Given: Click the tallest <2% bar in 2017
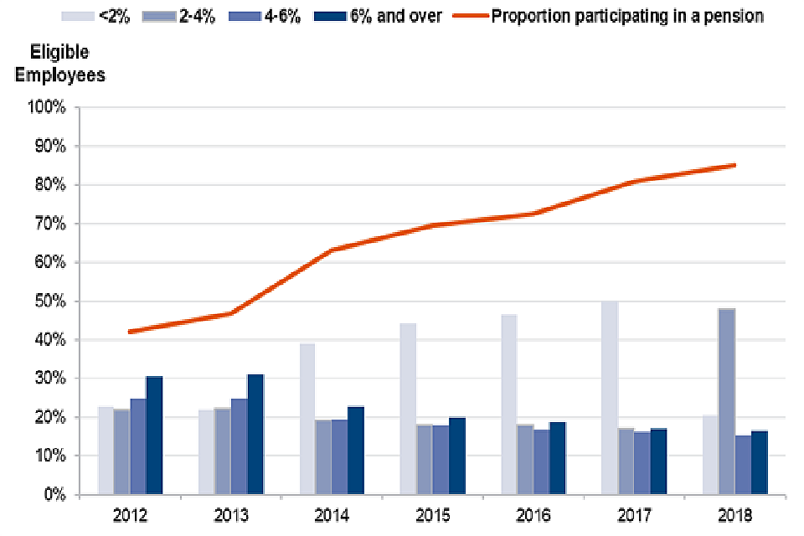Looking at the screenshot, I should [610, 398].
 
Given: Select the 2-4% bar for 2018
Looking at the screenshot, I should [726, 402].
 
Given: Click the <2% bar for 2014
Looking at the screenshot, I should [307, 419].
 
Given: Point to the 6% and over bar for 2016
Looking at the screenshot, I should [558, 458].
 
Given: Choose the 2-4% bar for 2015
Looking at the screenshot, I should [425, 460].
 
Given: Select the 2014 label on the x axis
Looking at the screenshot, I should [332, 515].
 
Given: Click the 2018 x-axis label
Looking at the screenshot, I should [734, 515].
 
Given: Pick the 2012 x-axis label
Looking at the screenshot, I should [131, 515].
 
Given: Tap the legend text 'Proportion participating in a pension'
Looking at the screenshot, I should [626, 16].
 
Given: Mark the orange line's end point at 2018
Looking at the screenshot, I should [734, 165].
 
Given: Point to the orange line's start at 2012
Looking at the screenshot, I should [131, 332].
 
